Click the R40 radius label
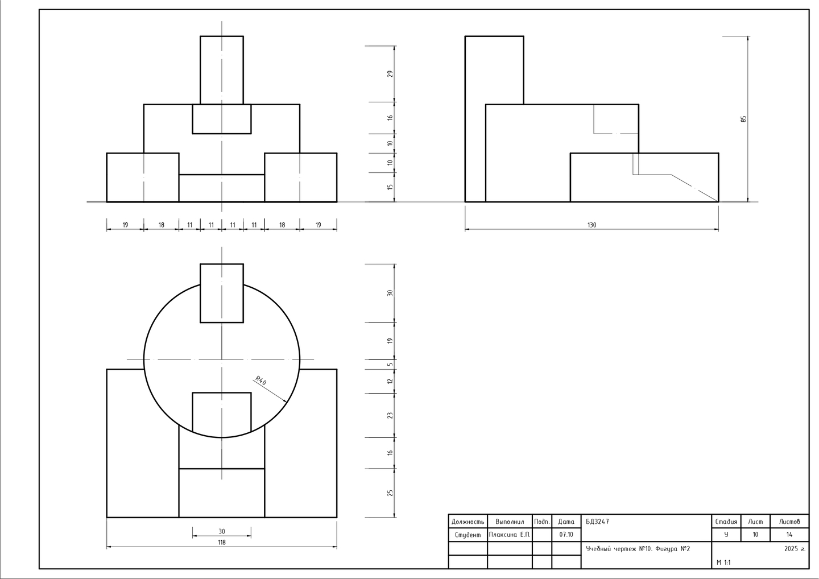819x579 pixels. tap(260, 381)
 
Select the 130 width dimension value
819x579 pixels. tap(591, 225)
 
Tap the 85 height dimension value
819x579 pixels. tap(743, 119)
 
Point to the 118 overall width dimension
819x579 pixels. tap(222, 543)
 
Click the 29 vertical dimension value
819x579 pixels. tap(390, 74)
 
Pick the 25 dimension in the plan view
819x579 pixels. tap(390, 493)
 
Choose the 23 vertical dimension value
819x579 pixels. tap(390, 415)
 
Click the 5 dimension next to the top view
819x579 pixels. tap(390, 364)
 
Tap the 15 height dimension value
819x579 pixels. tap(390, 187)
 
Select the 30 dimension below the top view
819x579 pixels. tap(222, 531)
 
